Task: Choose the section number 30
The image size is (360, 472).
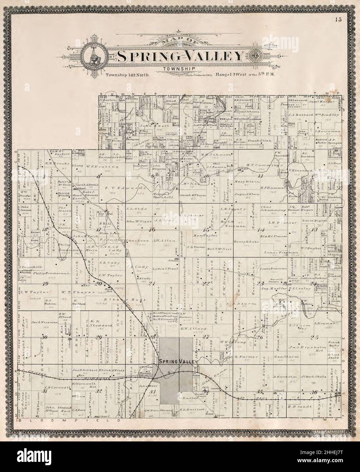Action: [x=44, y=337]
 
